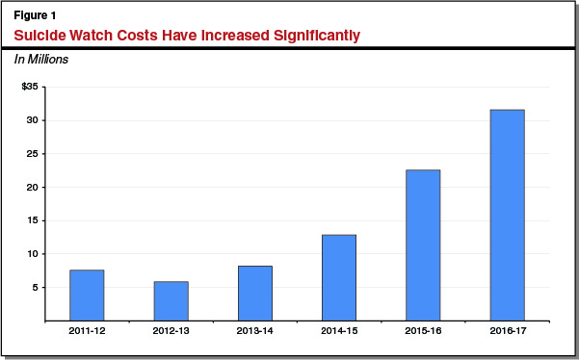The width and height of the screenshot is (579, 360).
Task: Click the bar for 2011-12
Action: click(87, 296)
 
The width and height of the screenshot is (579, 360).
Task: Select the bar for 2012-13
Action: click(171, 301)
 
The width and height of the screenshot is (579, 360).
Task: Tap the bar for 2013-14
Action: click(254, 294)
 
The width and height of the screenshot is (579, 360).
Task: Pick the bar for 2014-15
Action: click(338, 278)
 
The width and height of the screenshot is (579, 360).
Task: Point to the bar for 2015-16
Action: click(423, 245)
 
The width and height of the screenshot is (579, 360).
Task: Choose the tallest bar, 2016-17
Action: click(507, 216)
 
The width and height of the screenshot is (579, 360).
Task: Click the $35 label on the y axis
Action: click(30, 87)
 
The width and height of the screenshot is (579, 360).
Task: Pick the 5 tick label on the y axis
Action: click(35, 287)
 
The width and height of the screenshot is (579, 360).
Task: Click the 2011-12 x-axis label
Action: click(87, 332)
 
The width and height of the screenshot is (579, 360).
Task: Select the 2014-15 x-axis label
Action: click(338, 332)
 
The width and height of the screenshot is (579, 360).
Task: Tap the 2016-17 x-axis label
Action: click(507, 332)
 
